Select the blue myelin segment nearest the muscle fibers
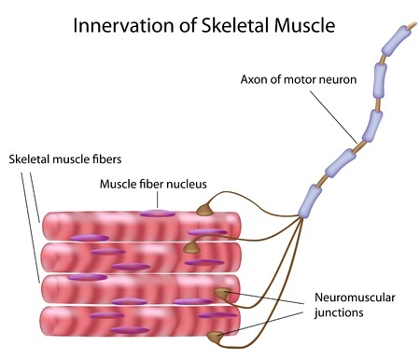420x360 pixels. coord(310,200)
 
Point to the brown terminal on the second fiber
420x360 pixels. coord(192,247)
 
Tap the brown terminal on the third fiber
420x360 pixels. coord(222,295)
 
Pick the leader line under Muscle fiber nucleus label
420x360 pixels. coord(153,200)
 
